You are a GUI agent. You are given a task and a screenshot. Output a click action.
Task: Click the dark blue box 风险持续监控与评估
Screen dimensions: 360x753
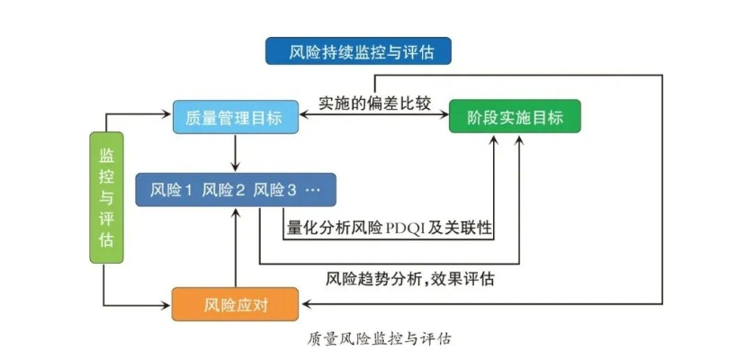358,50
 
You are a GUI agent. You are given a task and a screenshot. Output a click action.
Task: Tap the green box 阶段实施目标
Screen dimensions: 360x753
515,117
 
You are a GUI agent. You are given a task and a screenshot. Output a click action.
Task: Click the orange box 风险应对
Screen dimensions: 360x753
234,303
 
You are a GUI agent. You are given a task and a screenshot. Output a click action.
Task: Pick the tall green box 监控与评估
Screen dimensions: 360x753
107,197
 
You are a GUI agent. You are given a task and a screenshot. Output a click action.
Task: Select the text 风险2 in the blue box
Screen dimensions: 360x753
224,190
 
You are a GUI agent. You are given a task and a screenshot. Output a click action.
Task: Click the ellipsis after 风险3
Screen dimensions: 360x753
318,190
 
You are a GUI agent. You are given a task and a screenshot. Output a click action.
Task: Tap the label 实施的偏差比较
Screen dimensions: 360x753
374,102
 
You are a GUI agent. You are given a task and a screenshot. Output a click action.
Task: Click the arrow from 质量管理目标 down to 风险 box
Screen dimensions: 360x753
235,153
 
